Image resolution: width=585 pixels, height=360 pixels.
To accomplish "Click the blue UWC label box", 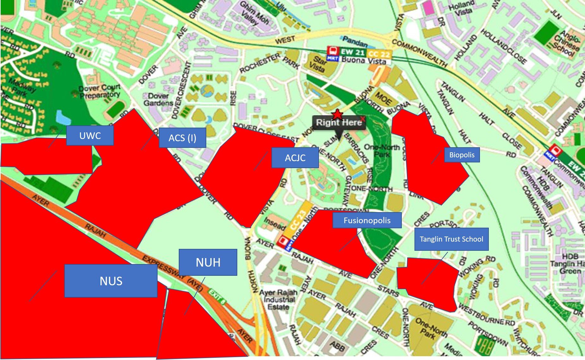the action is point(90,136).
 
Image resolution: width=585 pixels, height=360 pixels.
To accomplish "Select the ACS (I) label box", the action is point(182,138).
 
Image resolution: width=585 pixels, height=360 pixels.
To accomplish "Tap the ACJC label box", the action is point(295,158).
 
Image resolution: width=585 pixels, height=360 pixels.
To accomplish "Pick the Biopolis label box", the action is point(462,155).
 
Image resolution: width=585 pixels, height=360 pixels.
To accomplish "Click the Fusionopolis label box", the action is point(367,220).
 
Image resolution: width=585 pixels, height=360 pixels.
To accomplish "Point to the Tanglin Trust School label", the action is point(451,239).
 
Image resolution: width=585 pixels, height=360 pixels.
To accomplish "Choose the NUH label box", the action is point(208,262).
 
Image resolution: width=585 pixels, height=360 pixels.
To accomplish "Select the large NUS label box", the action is point(111,281).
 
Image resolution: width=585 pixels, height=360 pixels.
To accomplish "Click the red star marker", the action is point(338,114).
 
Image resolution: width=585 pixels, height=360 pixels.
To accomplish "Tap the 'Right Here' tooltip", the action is point(339,123).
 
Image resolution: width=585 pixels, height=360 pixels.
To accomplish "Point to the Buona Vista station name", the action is point(364,60).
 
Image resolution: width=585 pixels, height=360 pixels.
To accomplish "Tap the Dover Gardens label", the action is point(158,99).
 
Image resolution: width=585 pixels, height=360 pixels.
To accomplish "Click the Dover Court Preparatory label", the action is point(100,91).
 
